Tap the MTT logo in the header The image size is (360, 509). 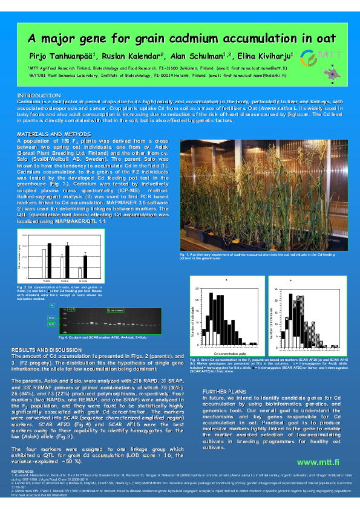317,57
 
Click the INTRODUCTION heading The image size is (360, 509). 39,96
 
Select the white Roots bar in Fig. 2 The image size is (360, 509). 44,264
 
